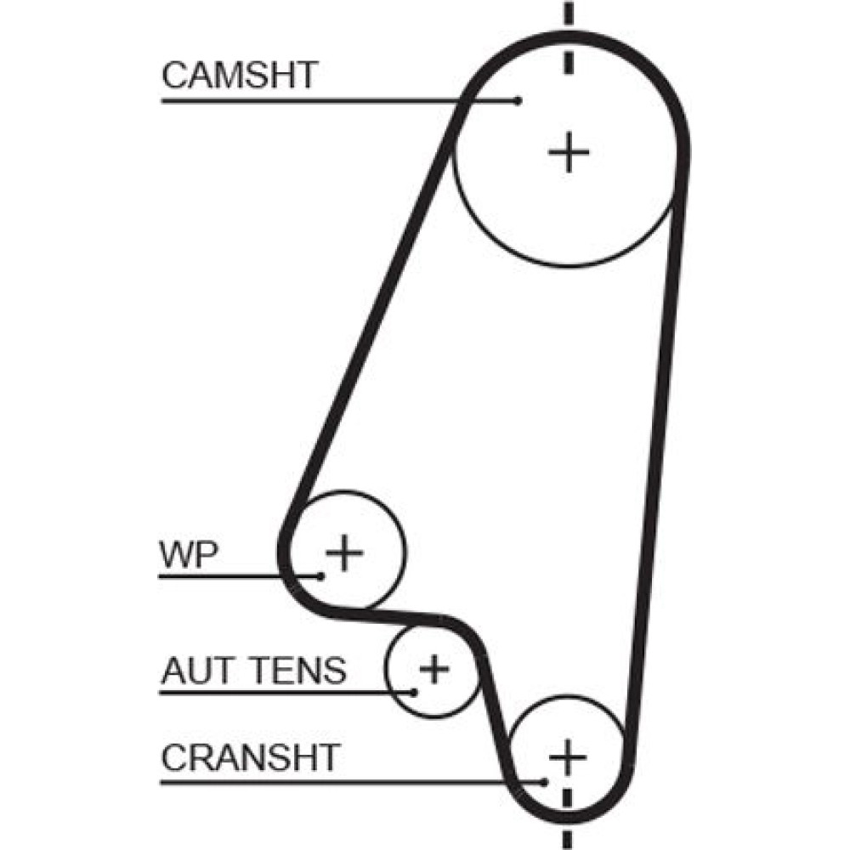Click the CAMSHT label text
239,76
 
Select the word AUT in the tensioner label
192,671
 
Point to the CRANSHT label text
251,756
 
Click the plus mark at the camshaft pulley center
569,153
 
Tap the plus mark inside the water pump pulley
345,553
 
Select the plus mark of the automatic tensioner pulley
433,669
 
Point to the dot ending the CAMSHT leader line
519,101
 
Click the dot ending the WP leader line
321,575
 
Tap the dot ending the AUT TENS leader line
415,691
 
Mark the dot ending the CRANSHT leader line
545,780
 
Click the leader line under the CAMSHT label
340,101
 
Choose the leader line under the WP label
238,576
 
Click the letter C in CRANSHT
172,756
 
